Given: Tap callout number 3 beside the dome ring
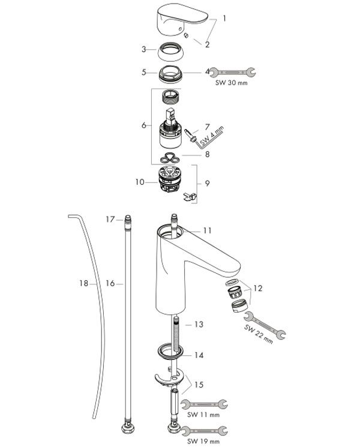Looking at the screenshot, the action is pos(144,49).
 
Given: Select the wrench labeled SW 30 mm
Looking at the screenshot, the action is pos(233,73).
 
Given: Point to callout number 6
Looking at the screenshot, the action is pos(144,125).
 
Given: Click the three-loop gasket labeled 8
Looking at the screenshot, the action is pos(170,158).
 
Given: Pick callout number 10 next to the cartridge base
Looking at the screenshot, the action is pos(140,182).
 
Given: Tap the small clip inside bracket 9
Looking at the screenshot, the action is pos(190,197).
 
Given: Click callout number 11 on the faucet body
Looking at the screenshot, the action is pos(208,230).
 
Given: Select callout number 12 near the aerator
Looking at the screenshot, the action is pos(257,288).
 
